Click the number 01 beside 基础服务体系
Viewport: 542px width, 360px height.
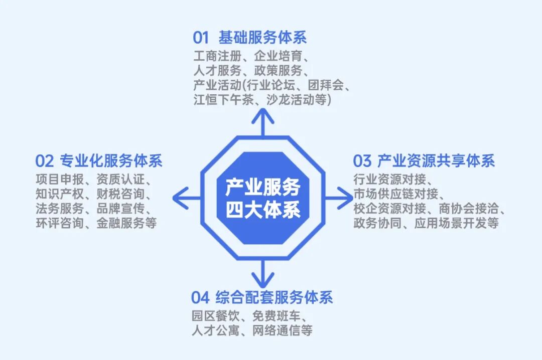(200, 38)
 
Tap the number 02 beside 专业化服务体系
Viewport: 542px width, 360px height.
(44, 161)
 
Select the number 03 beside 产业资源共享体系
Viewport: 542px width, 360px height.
(362, 161)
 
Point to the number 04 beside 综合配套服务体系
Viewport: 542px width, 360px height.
(200, 297)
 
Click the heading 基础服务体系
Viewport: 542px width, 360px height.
(262, 38)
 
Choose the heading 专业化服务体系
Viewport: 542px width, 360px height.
(111, 161)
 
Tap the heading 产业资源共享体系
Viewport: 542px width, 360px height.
(436, 161)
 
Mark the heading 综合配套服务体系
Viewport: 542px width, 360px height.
(275, 297)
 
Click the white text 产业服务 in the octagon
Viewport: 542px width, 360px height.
(262, 187)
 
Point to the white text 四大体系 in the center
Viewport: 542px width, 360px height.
(262, 208)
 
